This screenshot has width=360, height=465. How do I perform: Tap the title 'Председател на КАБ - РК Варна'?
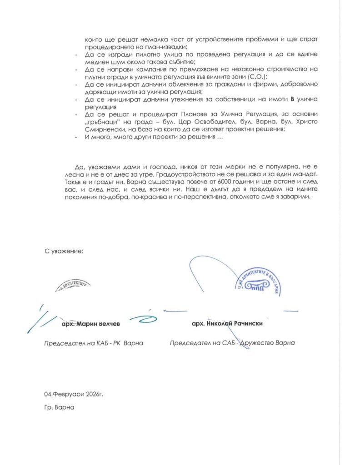93,343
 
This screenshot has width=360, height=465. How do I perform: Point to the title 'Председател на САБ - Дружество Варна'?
232,343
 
